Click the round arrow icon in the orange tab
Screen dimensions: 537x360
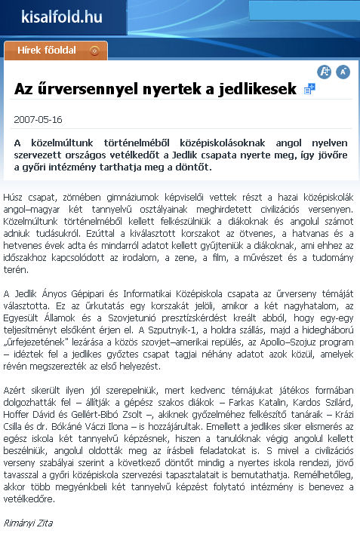tap(94, 51)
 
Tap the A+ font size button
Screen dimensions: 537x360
tap(325, 72)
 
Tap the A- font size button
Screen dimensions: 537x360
tap(343, 72)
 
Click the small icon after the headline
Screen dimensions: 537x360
tap(309, 89)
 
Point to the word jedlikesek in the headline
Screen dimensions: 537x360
tap(258, 89)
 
